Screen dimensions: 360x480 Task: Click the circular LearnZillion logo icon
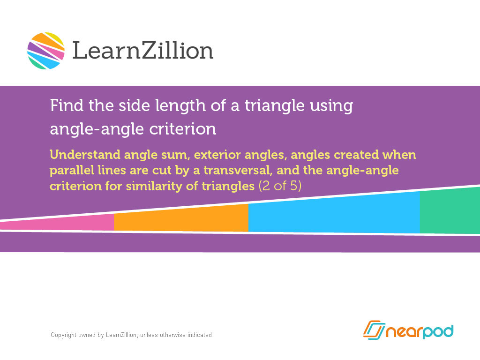pos(45,51)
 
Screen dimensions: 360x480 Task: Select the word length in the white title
pos(161,106)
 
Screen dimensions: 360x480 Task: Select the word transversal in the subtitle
pos(234,170)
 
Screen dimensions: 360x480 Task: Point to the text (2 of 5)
pos(280,186)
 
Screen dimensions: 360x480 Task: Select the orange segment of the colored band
pos(181,218)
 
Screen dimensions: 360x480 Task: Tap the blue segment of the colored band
pos(334,213)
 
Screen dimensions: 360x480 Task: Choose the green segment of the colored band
pos(450,212)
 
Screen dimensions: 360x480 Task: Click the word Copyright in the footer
pos(63,335)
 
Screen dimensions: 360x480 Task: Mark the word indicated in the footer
pos(199,335)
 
